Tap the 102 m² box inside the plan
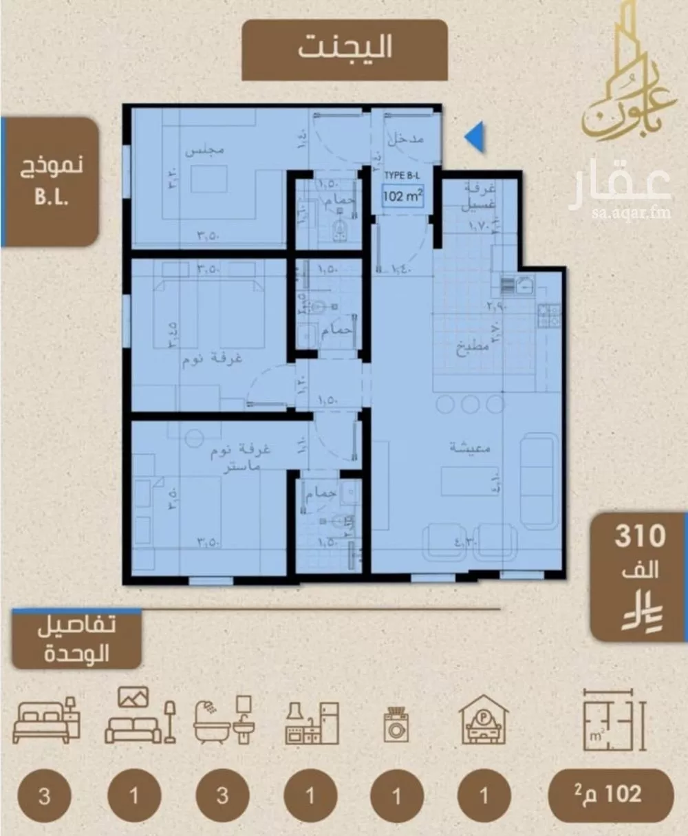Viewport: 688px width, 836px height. coord(402,196)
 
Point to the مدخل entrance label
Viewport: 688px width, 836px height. coord(406,140)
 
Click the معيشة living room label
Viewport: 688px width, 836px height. coord(471,448)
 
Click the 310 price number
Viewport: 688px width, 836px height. coord(640,536)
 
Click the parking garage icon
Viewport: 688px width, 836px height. coord(484,720)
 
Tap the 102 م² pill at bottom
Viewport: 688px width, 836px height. coord(610,795)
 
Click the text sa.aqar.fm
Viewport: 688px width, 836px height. coord(621,213)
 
